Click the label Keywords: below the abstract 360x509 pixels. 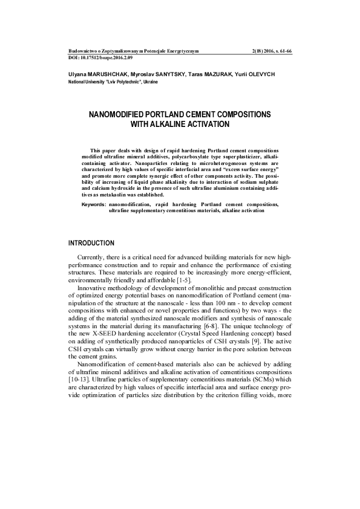tap(94, 205)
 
